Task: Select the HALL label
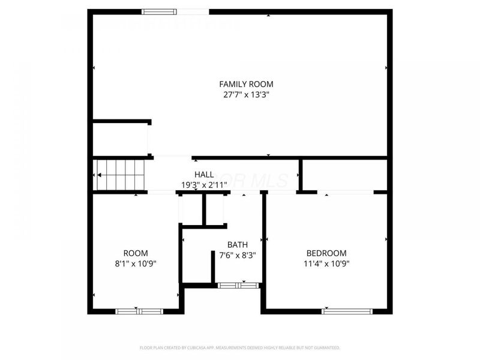[x=204, y=175]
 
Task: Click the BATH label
[x=237, y=245]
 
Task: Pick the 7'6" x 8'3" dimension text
[x=237, y=254]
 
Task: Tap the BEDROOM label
[x=326, y=253]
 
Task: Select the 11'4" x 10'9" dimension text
[x=326, y=263]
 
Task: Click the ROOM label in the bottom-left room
[x=135, y=253]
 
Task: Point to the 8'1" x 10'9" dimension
[x=135, y=263]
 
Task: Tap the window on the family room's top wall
[x=160, y=11]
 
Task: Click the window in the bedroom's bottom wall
[x=347, y=311]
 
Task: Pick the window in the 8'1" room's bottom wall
[x=139, y=311]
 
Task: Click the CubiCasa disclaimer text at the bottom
[x=240, y=347]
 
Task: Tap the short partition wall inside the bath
[x=213, y=266]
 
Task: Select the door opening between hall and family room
[x=173, y=158]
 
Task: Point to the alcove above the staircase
[x=120, y=140]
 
